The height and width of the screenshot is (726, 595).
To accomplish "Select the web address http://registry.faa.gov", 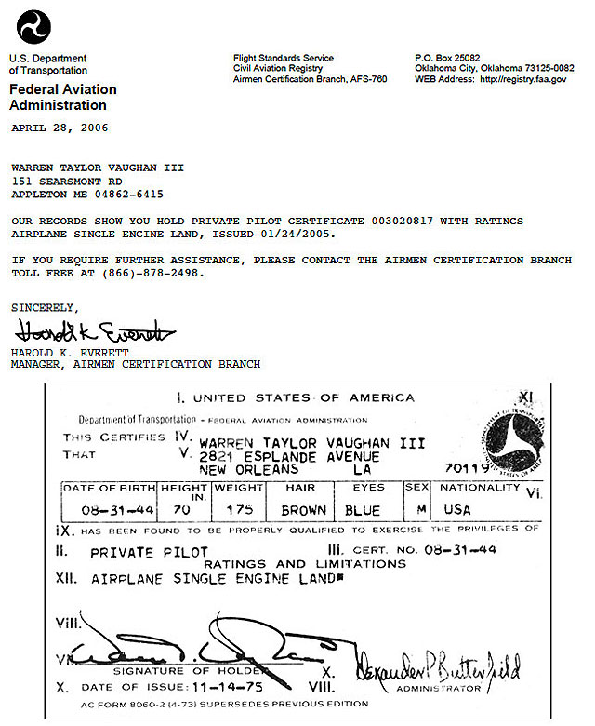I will click(x=522, y=80).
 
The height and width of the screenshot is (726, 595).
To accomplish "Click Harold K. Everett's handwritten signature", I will click(x=93, y=331).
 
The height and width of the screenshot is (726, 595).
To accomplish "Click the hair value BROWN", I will click(x=304, y=510).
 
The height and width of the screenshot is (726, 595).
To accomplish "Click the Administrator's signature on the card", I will click(x=436, y=666).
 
